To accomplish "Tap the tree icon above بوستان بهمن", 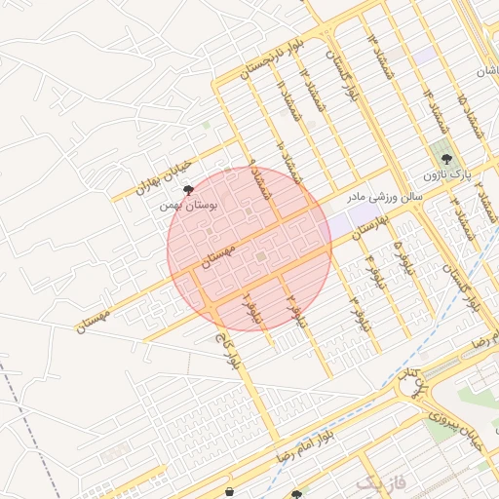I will click(x=188, y=190).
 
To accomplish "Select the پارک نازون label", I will click(x=446, y=175).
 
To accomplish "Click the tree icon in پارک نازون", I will click(x=446, y=158).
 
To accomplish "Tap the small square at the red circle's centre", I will click(x=260, y=256).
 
